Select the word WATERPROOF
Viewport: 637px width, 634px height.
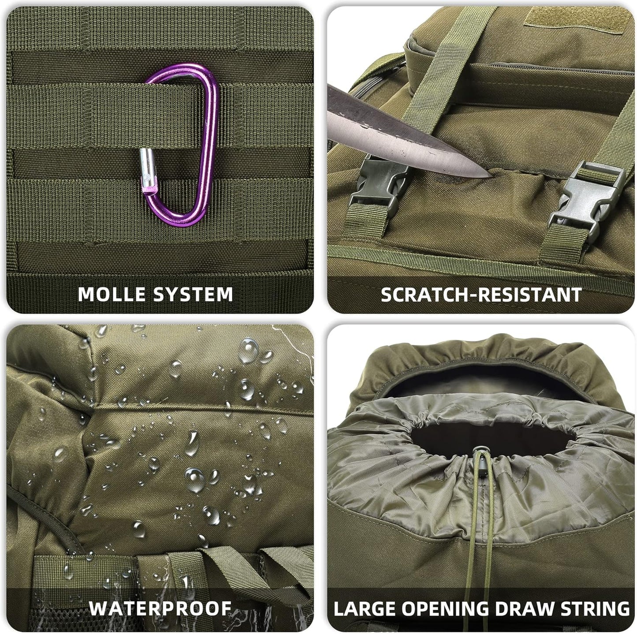(160, 608)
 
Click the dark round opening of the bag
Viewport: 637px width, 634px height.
(481, 436)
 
